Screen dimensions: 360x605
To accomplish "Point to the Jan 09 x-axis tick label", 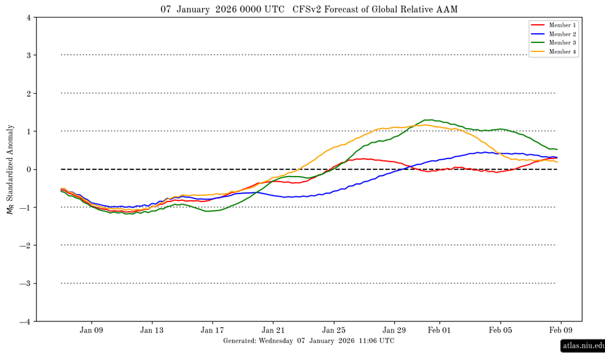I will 91,331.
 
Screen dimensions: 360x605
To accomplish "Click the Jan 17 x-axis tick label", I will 212,331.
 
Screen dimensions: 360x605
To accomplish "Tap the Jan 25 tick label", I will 333,331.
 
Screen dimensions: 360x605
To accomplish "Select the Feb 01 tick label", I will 439,331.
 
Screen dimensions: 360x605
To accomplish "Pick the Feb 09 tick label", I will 560,331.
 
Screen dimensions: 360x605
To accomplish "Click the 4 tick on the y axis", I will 29,18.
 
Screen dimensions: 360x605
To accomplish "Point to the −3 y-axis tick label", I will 27,283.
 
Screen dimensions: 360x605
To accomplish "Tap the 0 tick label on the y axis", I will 29,169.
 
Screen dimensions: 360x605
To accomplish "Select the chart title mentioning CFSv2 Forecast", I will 309,9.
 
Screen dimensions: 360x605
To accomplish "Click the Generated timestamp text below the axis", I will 309,341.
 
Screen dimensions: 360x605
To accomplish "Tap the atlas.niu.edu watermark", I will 583,346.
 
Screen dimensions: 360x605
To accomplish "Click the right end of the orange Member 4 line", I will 557,162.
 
